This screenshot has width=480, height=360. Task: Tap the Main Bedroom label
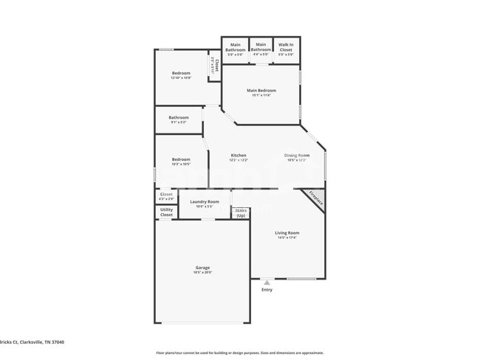point(261,91)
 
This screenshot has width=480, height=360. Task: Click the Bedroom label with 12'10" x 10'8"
point(181,74)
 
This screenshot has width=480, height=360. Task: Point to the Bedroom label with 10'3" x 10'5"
point(181,160)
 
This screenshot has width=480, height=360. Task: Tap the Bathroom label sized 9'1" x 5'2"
point(178,118)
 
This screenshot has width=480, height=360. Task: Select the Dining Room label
point(298,156)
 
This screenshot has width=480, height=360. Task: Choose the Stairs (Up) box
point(241,212)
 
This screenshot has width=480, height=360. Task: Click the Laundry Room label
point(204,203)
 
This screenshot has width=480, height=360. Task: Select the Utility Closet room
point(166,212)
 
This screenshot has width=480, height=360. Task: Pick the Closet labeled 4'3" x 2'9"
point(166,196)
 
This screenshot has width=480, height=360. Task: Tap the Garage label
point(202,269)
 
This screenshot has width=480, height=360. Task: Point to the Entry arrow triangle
point(267,282)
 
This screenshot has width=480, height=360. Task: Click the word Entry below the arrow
point(267,289)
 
